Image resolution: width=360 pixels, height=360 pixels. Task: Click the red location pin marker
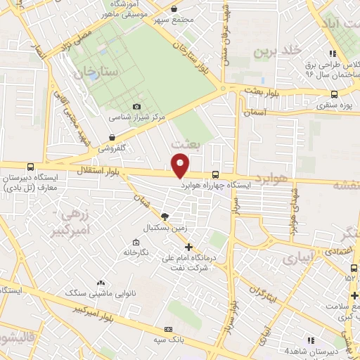[x=181, y=165]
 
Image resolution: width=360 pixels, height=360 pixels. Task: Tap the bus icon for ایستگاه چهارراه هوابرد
[x=215, y=176]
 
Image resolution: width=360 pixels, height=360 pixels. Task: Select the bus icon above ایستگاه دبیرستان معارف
[x=30, y=167]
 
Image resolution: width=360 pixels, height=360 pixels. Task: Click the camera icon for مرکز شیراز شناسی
[x=136, y=106]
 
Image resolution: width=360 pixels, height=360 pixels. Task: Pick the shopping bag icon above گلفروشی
[x=112, y=138]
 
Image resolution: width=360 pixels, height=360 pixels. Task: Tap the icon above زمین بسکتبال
[x=165, y=217]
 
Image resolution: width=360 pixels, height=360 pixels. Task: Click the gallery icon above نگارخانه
[x=136, y=242]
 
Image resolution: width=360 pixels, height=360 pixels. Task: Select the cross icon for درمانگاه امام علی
[x=188, y=247]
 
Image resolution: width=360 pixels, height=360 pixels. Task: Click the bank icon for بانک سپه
[x=167, y=329]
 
